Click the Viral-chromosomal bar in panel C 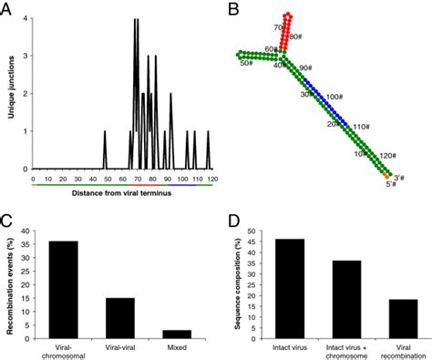coord(57,292)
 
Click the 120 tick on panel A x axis coord(211,177)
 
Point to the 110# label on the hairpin coord(363,127)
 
